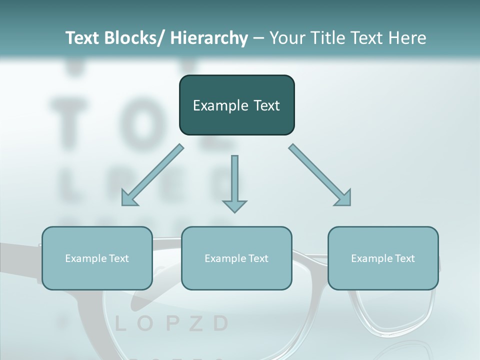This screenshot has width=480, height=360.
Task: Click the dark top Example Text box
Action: tap(236, 105)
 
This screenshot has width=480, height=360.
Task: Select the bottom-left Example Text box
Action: tap(97, 258)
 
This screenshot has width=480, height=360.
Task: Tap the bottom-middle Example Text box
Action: tap(236, 258)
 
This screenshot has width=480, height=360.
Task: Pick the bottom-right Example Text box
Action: tap(383, 258)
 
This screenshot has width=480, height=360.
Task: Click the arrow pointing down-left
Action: tap(152, 175)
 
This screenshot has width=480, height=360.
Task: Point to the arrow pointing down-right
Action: tap(320, 175)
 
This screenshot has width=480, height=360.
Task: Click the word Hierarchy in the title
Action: tap(208, 38)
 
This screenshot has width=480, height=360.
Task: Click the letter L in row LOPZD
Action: tap(120, 324)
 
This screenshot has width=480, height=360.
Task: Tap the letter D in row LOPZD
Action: tap(220, 324)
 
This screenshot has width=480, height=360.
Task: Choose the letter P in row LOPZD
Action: tap(171, 324)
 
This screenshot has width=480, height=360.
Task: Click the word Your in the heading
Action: tap(285, 38)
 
